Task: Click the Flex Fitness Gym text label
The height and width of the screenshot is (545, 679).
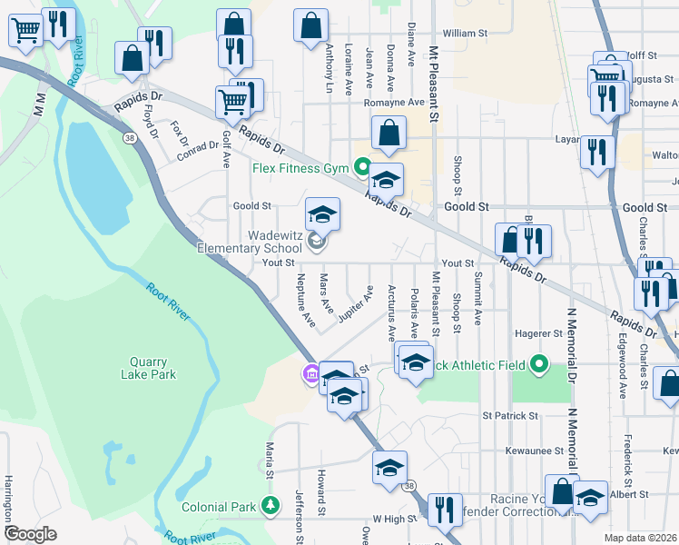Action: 300,168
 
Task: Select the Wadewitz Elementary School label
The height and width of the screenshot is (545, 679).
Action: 250,242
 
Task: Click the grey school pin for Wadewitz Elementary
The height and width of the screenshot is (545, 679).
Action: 316,241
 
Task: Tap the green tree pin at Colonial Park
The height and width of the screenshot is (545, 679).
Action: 269,505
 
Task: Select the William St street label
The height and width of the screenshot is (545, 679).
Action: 466,34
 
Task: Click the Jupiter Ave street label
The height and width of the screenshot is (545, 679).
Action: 357,304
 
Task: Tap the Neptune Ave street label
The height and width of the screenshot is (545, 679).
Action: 304,302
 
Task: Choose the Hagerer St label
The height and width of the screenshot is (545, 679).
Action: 535,334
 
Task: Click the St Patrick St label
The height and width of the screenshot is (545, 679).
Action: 510,416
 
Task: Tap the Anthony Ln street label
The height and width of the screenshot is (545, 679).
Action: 329,68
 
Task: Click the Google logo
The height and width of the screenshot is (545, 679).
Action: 30,534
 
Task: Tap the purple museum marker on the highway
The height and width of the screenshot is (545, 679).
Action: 310,373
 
